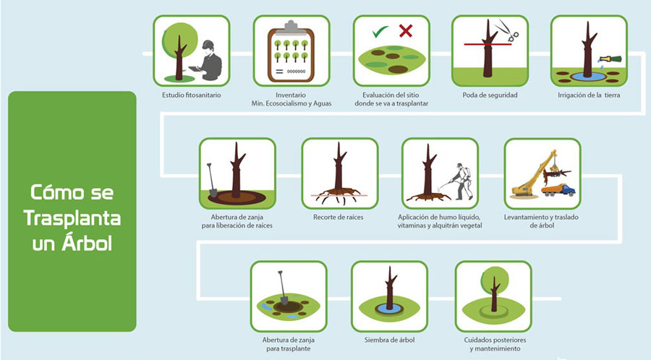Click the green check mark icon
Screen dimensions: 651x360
pos(380,31)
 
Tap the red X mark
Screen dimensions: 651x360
pos(406,30)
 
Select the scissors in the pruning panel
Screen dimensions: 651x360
pos(507,30)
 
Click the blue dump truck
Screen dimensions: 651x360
pos(558,190)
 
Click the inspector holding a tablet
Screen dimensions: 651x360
pos(208,61)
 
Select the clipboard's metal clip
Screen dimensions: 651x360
pos(291,26)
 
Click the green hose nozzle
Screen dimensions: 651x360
pos(610,59)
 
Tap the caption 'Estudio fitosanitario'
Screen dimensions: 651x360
pos(192,95)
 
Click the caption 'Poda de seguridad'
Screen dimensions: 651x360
pos(490,95)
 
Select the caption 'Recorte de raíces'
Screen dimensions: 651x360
pos(339,217)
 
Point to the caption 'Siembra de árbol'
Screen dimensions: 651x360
pos(389,340)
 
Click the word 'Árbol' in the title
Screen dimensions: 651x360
pos(88,244)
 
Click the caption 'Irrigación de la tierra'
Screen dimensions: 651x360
pos(589,95)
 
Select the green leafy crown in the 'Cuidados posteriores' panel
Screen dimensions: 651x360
pos(495,280)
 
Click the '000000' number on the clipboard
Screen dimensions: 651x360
pos(296,72)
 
